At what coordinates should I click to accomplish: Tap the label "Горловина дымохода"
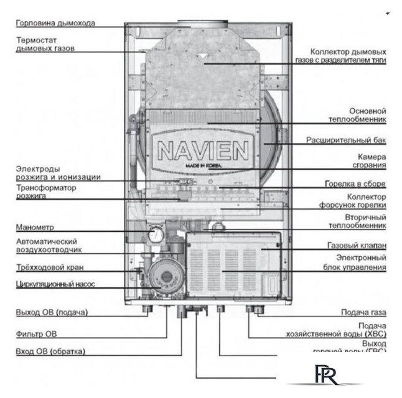pos(55,24)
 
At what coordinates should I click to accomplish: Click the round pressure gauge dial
pos(155,234)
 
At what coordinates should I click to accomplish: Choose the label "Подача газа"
pos(363,312)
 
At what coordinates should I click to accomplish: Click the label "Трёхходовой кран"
pos(49,267)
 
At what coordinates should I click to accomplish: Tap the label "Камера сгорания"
pos(372,161)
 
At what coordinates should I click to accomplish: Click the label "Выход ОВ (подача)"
pos(51,312)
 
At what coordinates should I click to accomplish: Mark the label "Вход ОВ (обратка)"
pos(50,351)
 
